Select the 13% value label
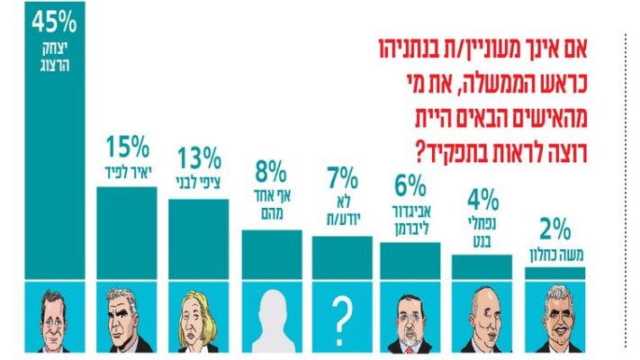point(198,159)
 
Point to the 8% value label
point(271,171)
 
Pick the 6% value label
point(410,185)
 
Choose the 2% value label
point(554,227)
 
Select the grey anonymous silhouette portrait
point(271,317)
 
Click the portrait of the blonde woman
point(198,317)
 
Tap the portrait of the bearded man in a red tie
point(410,317)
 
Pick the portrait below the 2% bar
point(554,317)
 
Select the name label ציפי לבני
point(198,179)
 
